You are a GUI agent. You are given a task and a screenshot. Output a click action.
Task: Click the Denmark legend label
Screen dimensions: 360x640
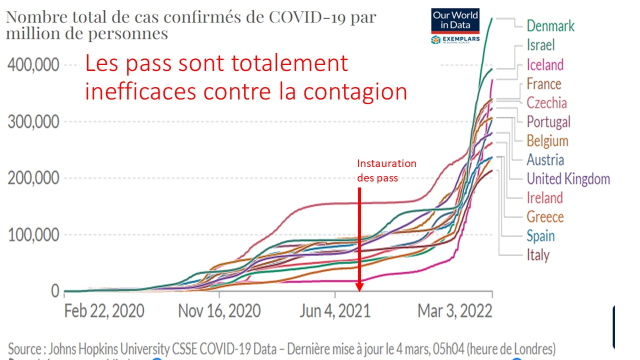click(x=550, y=26)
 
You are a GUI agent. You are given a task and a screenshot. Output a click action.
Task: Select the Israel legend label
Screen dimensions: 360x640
click(x=540, y=45)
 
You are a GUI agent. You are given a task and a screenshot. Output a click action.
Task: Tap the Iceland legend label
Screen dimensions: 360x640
click(x=544, y=64)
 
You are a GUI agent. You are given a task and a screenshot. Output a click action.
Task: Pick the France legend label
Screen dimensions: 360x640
click(x=543, y=83)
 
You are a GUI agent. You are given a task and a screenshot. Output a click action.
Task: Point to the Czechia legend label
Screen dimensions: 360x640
click(x=546, y=102)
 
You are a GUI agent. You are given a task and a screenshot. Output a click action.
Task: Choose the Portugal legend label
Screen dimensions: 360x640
click(x=548, y=121)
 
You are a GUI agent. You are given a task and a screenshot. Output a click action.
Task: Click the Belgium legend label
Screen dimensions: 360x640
click(x=547, y=140)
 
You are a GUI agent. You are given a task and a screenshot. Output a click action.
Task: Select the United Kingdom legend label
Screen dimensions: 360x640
click(x=568, y=178)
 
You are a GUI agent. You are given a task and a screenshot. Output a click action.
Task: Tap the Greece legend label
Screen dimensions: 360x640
click(x=544, y=216)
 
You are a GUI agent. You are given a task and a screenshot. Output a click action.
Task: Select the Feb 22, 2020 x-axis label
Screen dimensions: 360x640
click(x=104, y=311)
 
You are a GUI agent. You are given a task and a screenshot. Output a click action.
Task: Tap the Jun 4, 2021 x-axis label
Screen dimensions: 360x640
click(x=335, y=311)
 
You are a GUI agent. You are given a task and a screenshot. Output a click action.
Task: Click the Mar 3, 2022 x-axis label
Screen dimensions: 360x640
click(x=455, y=311)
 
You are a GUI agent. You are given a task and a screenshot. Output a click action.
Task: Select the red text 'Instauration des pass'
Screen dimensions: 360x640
click(x=386, y=170)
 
